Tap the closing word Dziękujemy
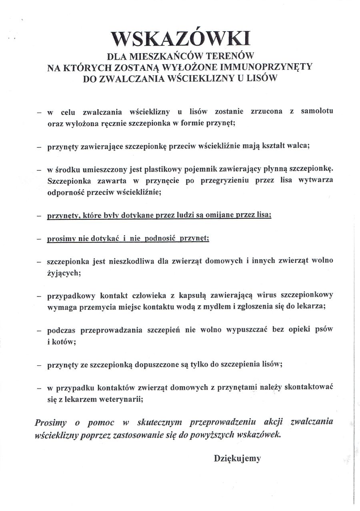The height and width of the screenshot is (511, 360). tap(237, 458)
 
